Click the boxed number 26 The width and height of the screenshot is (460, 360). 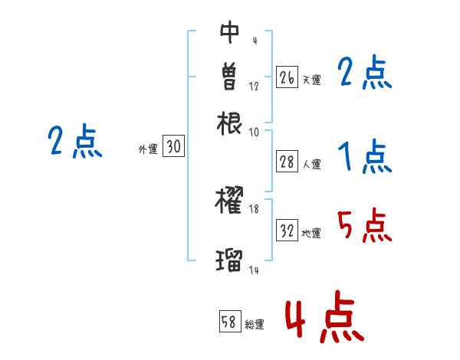287,77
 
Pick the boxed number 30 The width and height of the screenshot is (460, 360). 174,147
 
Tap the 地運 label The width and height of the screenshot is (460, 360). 311,232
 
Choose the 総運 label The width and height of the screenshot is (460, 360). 255,324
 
